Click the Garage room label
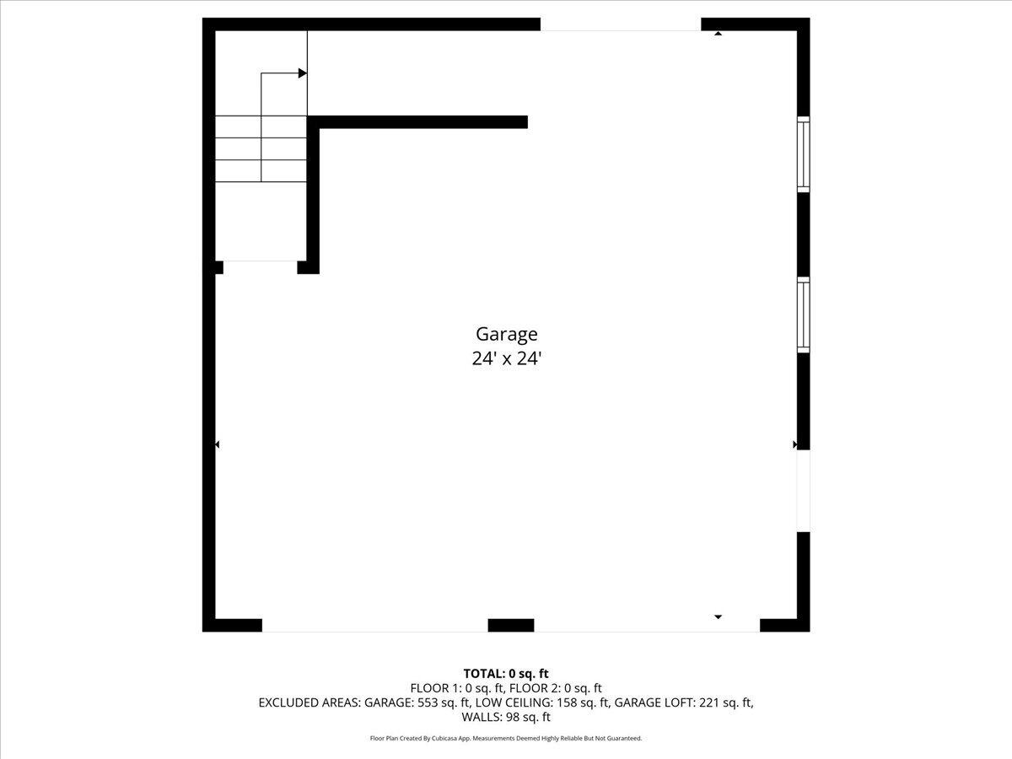point(506,334)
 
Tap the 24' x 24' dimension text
point(506,358)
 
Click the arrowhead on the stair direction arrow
point(302,73)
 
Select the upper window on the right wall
point(804,154)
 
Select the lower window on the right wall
point(804,315)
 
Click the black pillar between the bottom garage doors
point(511,625)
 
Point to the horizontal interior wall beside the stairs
point(422,122)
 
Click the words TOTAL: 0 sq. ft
point(506,673)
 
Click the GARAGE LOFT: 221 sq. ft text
point(683,702)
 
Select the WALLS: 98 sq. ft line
point(506,717)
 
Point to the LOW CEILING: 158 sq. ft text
point(542,702)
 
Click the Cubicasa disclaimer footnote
point(506,738)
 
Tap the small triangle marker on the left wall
point(218,444)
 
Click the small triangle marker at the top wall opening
point(718,34)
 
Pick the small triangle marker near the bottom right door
point(718,616)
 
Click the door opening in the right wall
point(804,490)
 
